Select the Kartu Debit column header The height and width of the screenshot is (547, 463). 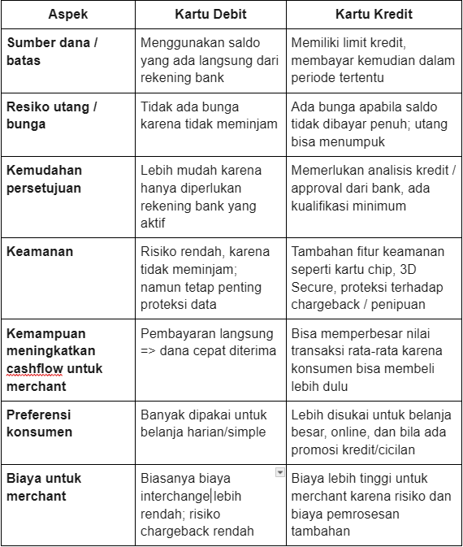pyautogui.click(x=210, y=15)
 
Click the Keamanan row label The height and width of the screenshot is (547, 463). pyautogui.click(x=40, y=251)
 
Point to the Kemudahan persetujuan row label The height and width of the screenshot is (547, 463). pyautogui.click(x=44, y=178)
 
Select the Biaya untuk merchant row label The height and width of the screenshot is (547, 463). pyautogui.click(x=44, y=487)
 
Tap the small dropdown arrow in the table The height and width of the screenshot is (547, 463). pyautogui.click(x=280, y=472)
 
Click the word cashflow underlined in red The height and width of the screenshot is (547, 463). pyautogui.click(x=34, y=368)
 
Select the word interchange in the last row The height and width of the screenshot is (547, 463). pyautogui.click(x=175, y=496)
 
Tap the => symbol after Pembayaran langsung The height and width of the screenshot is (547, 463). pyautogui.click(x=150, y=351)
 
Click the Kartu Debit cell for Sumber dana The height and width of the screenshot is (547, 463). pyautogui.click(x=210, y=60)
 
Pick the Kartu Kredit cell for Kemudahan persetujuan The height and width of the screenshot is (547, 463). pyautogui.click(x=373, y=188)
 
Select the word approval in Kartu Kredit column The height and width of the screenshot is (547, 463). pyautogui.click(x=318, y=188)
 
